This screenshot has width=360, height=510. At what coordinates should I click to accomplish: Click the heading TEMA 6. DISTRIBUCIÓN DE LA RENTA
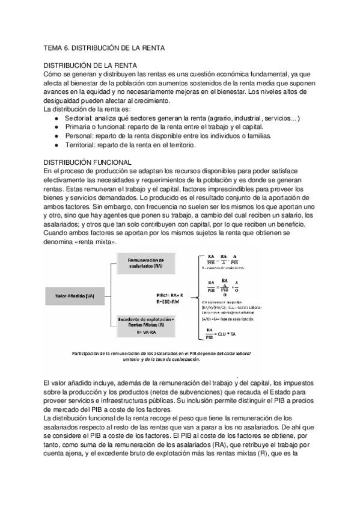tap(104, 47)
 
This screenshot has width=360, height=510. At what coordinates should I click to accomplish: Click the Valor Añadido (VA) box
tap(73, 296)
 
